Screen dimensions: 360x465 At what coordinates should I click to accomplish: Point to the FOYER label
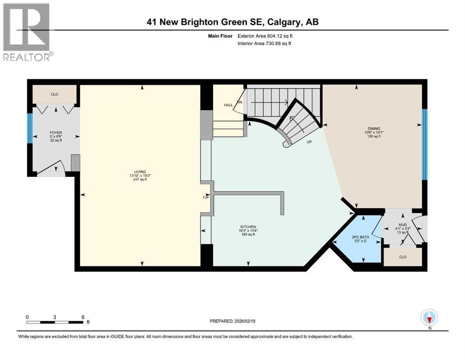coord(56,133)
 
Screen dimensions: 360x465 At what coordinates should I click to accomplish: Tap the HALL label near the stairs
coord(228,105)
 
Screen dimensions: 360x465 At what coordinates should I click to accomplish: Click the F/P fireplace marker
coord(205,197)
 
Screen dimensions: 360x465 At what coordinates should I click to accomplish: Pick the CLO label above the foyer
coord(54,94)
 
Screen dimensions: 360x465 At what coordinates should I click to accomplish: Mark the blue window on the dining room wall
coord(425,144)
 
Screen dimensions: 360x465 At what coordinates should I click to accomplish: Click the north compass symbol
coord(429,318)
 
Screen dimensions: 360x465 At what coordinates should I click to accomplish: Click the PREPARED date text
coord(232,321)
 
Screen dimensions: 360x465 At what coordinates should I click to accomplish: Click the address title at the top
coord(233,22)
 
